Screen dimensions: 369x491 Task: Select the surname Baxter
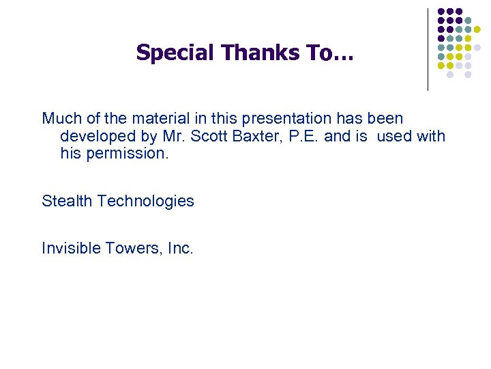(x=258, y=136)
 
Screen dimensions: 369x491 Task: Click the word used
(x=394, y=136)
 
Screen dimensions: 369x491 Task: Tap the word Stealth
(x=67, y=201)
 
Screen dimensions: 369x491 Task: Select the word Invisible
(x=70, y=248)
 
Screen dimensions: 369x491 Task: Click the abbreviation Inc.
(x=180, y=248)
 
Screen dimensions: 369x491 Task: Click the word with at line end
(x=430, y=136)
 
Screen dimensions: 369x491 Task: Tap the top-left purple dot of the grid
(x=441, y=12)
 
